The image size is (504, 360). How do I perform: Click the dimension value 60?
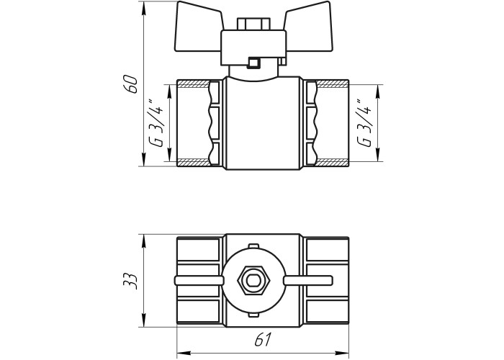[x=131, y=84]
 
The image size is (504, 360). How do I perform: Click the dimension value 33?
[x=131, y=282]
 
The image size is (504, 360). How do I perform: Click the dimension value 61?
[x=263, y=339]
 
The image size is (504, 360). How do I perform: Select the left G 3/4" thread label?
[x=158, y=123]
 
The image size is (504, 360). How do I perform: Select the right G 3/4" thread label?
[x=364, y=123]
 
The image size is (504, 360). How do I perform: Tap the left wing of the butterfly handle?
[x=198, y=27]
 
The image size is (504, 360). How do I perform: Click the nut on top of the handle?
[x=253, y=24]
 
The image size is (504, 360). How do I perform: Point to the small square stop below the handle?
[x=253, y=63]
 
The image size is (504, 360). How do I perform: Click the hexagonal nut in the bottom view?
[x=253, y=280]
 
